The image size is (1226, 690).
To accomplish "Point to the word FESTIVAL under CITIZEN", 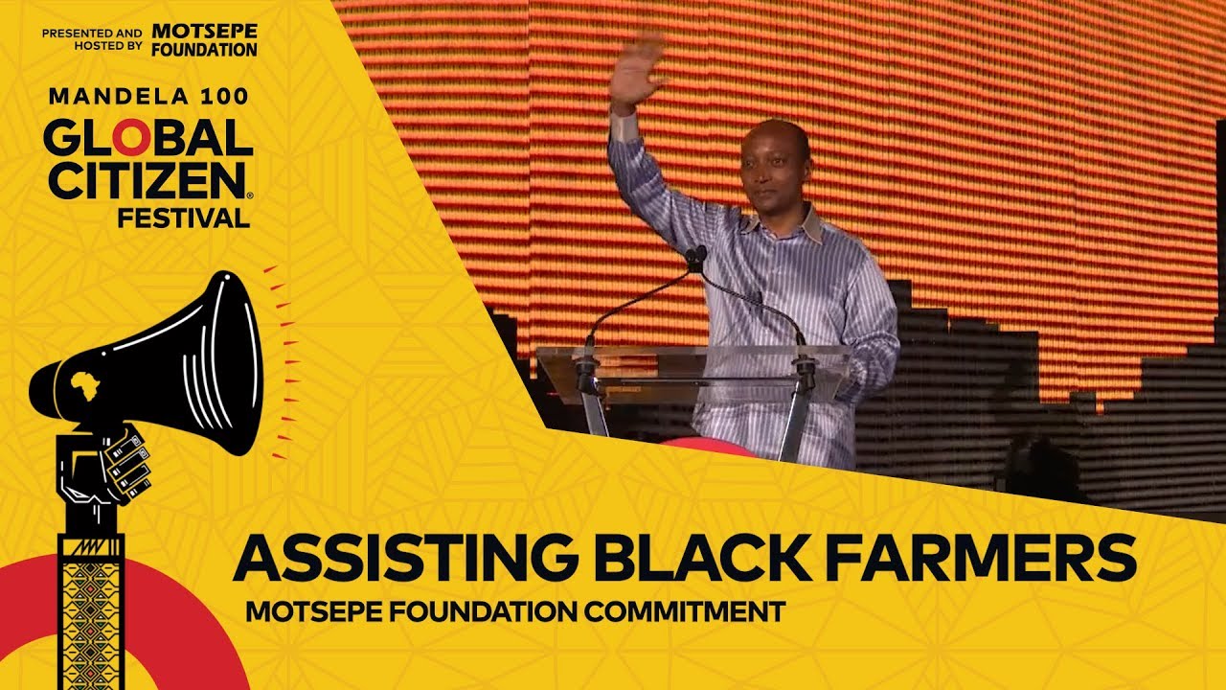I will coord(182,218).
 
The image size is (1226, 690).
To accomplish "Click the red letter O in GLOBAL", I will coord(134,140).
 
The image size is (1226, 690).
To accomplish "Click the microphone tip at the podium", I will coord(696,255).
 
